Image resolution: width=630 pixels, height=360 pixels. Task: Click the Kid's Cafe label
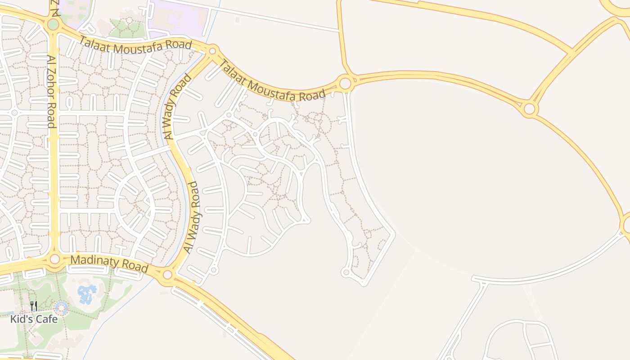tap(34, 319)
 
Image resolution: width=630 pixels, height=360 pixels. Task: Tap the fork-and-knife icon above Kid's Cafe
tap(34, 306)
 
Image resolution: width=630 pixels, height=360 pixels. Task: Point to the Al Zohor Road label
tap(52, 92)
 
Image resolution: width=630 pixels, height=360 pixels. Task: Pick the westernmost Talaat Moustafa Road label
tap(135, 46)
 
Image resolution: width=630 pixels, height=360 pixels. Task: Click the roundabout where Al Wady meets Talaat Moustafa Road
tap(213, 50)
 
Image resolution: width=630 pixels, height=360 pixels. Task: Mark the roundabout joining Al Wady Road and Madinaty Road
tap(168, 274)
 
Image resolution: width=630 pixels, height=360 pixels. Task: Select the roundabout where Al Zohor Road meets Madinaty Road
tap(55, 259)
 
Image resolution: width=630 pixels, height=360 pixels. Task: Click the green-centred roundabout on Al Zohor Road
tap(53, 24)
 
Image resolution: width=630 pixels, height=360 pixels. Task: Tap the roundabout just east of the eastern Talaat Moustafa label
tap(345, 83)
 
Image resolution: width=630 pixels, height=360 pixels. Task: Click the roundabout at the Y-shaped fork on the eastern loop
tap(529, 108)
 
